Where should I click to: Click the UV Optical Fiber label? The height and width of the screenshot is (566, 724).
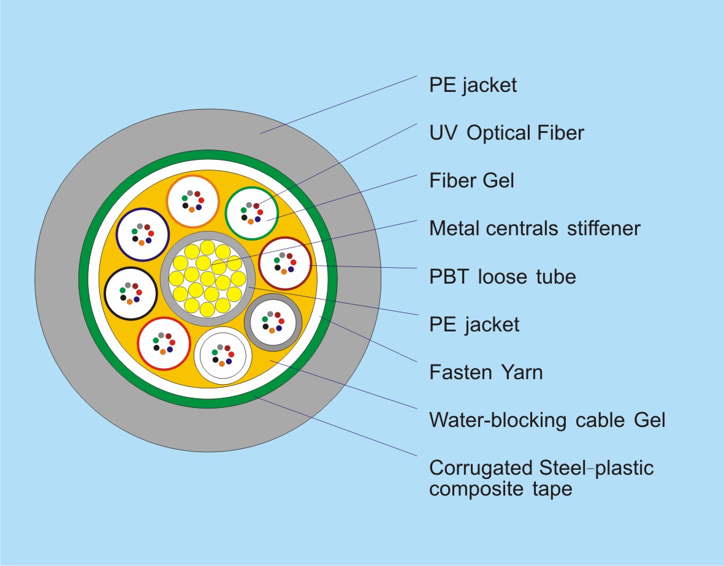pyautogui.click(x=506, y=133)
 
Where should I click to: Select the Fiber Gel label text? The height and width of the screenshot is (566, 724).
pyautogui.click(x=471, y=181)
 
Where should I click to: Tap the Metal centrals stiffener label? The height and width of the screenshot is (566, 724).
pyautogui.click(x=535, y=228)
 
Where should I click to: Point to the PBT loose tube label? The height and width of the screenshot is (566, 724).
pyautogui.click(x=503, y=276)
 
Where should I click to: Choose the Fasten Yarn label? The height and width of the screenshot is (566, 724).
pyautogui.click(x=486, y=372)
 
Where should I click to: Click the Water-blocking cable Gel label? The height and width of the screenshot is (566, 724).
pyautogui.click(x=547, y=420)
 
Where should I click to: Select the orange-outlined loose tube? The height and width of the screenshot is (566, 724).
pyautogui.click(x=192, y=201)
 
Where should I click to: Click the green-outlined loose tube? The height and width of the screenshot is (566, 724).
pyautogui.click(x=251, y=212)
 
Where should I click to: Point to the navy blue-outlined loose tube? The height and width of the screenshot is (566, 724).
pyautogui.click(x=142, y=235)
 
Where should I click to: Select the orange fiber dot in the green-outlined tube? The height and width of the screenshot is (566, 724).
pyautogui.click(x=251, y=221)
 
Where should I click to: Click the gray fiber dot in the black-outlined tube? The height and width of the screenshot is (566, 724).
pyautogui.click(x=128, y=285)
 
